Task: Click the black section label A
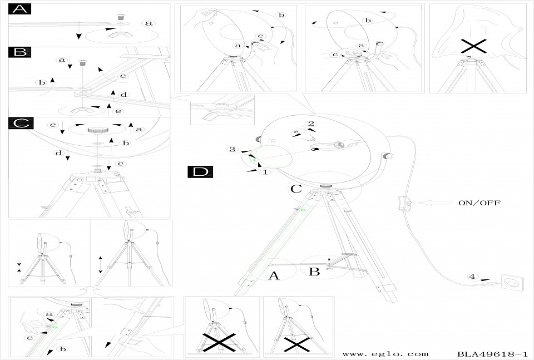(x=19, y=9)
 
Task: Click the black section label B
(x=19, y=52)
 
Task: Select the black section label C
(x=19, y=123)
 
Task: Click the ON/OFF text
(x=479, y=203)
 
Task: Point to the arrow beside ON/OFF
(x=434, y=204)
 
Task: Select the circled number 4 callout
(x=472, y=277)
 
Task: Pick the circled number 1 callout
(x=266, y=172)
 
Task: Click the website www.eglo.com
(x=385, y=353)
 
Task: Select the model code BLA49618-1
(x=493, y=353)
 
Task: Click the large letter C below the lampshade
(x=296, y=189)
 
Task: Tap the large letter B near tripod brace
(x=314, y=272)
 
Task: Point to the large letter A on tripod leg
(x=273, y=275)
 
